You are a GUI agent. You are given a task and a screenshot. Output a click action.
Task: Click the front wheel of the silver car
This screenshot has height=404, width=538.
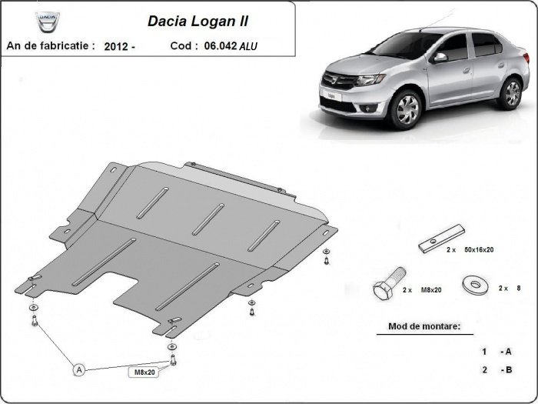coord(405,111)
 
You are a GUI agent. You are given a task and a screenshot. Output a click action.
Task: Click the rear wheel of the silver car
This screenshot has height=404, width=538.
coord(510,93)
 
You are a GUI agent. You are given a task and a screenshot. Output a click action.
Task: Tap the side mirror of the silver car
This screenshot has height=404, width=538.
coord(440,57)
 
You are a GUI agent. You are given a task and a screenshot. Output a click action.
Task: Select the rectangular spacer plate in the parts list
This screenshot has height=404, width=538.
coord(442,239)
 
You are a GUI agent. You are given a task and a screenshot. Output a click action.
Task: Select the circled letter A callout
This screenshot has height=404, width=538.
coord(78,370)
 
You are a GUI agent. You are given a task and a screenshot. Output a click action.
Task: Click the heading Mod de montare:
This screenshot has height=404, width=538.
coord(419,327)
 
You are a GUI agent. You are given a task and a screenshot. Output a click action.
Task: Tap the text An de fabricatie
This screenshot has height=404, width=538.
coord(50,46)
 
